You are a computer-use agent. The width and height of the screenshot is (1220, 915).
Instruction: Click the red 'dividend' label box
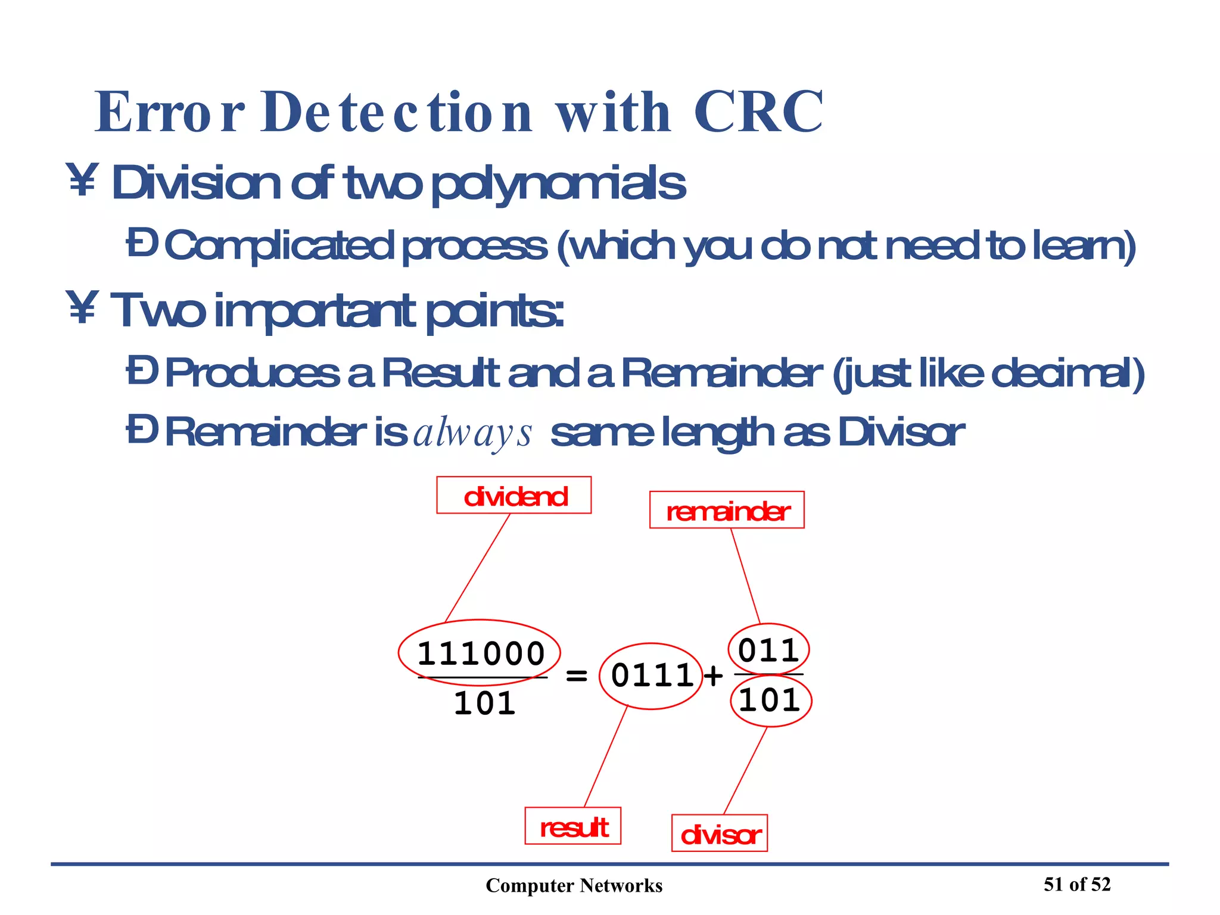point(513,495)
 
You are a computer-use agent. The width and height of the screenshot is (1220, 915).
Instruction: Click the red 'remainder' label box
point(726,510)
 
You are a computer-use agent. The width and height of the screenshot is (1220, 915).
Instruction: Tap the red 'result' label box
point(572,826)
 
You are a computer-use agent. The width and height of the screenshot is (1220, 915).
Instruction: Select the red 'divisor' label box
point(719,833)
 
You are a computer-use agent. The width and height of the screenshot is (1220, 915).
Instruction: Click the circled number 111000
point(480,653)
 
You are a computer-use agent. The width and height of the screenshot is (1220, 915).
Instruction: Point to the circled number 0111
point(652,676)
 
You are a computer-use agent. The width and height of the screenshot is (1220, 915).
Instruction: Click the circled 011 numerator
point(768,649)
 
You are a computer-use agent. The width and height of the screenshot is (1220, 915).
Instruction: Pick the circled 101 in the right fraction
point(770,700)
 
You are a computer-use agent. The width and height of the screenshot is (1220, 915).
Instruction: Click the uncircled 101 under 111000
point(484,704)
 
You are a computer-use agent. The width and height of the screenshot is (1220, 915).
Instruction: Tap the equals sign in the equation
point(576,676)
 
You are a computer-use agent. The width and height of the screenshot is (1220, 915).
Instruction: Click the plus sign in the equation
point(713,676)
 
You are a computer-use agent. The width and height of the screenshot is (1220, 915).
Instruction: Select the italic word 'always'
point(472,433)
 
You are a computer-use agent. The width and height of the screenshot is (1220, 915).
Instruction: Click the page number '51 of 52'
point(1076,884)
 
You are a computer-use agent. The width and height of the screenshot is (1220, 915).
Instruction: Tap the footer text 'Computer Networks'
point(574,886)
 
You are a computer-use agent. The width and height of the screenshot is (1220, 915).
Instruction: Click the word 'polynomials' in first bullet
point(558,185)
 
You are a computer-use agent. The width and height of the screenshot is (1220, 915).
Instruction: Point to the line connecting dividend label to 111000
point(478,567)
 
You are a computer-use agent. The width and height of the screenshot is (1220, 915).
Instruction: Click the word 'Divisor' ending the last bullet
point(900,432)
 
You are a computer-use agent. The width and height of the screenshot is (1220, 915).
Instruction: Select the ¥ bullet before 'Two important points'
point(82,309)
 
